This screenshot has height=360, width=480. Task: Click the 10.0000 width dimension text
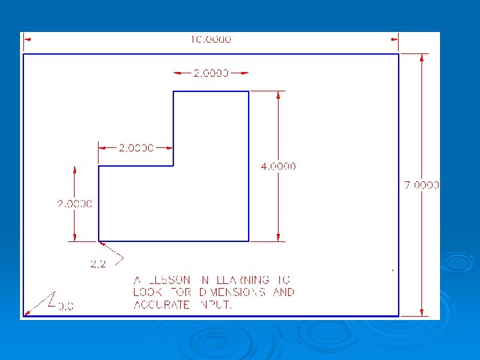(211, 39)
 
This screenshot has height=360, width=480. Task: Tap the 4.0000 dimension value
(278, 166)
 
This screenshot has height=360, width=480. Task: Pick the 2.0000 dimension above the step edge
(136, 147)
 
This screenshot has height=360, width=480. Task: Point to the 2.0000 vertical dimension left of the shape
(73, 203)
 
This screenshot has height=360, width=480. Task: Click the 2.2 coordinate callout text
(98, 264)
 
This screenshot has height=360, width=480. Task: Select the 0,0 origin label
(66, 306)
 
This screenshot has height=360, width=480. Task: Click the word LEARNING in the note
(243, 280)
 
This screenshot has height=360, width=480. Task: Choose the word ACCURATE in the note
(160, 305)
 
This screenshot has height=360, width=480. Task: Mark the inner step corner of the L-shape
(173, 165)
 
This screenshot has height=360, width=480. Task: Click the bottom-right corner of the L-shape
(249, 241)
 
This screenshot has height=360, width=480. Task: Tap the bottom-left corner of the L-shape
(99, 241)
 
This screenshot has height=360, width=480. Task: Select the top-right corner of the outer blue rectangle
(399, 54)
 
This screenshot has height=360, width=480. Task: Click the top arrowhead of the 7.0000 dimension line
(421, 58)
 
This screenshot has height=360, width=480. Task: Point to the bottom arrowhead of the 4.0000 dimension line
(278, 237)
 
